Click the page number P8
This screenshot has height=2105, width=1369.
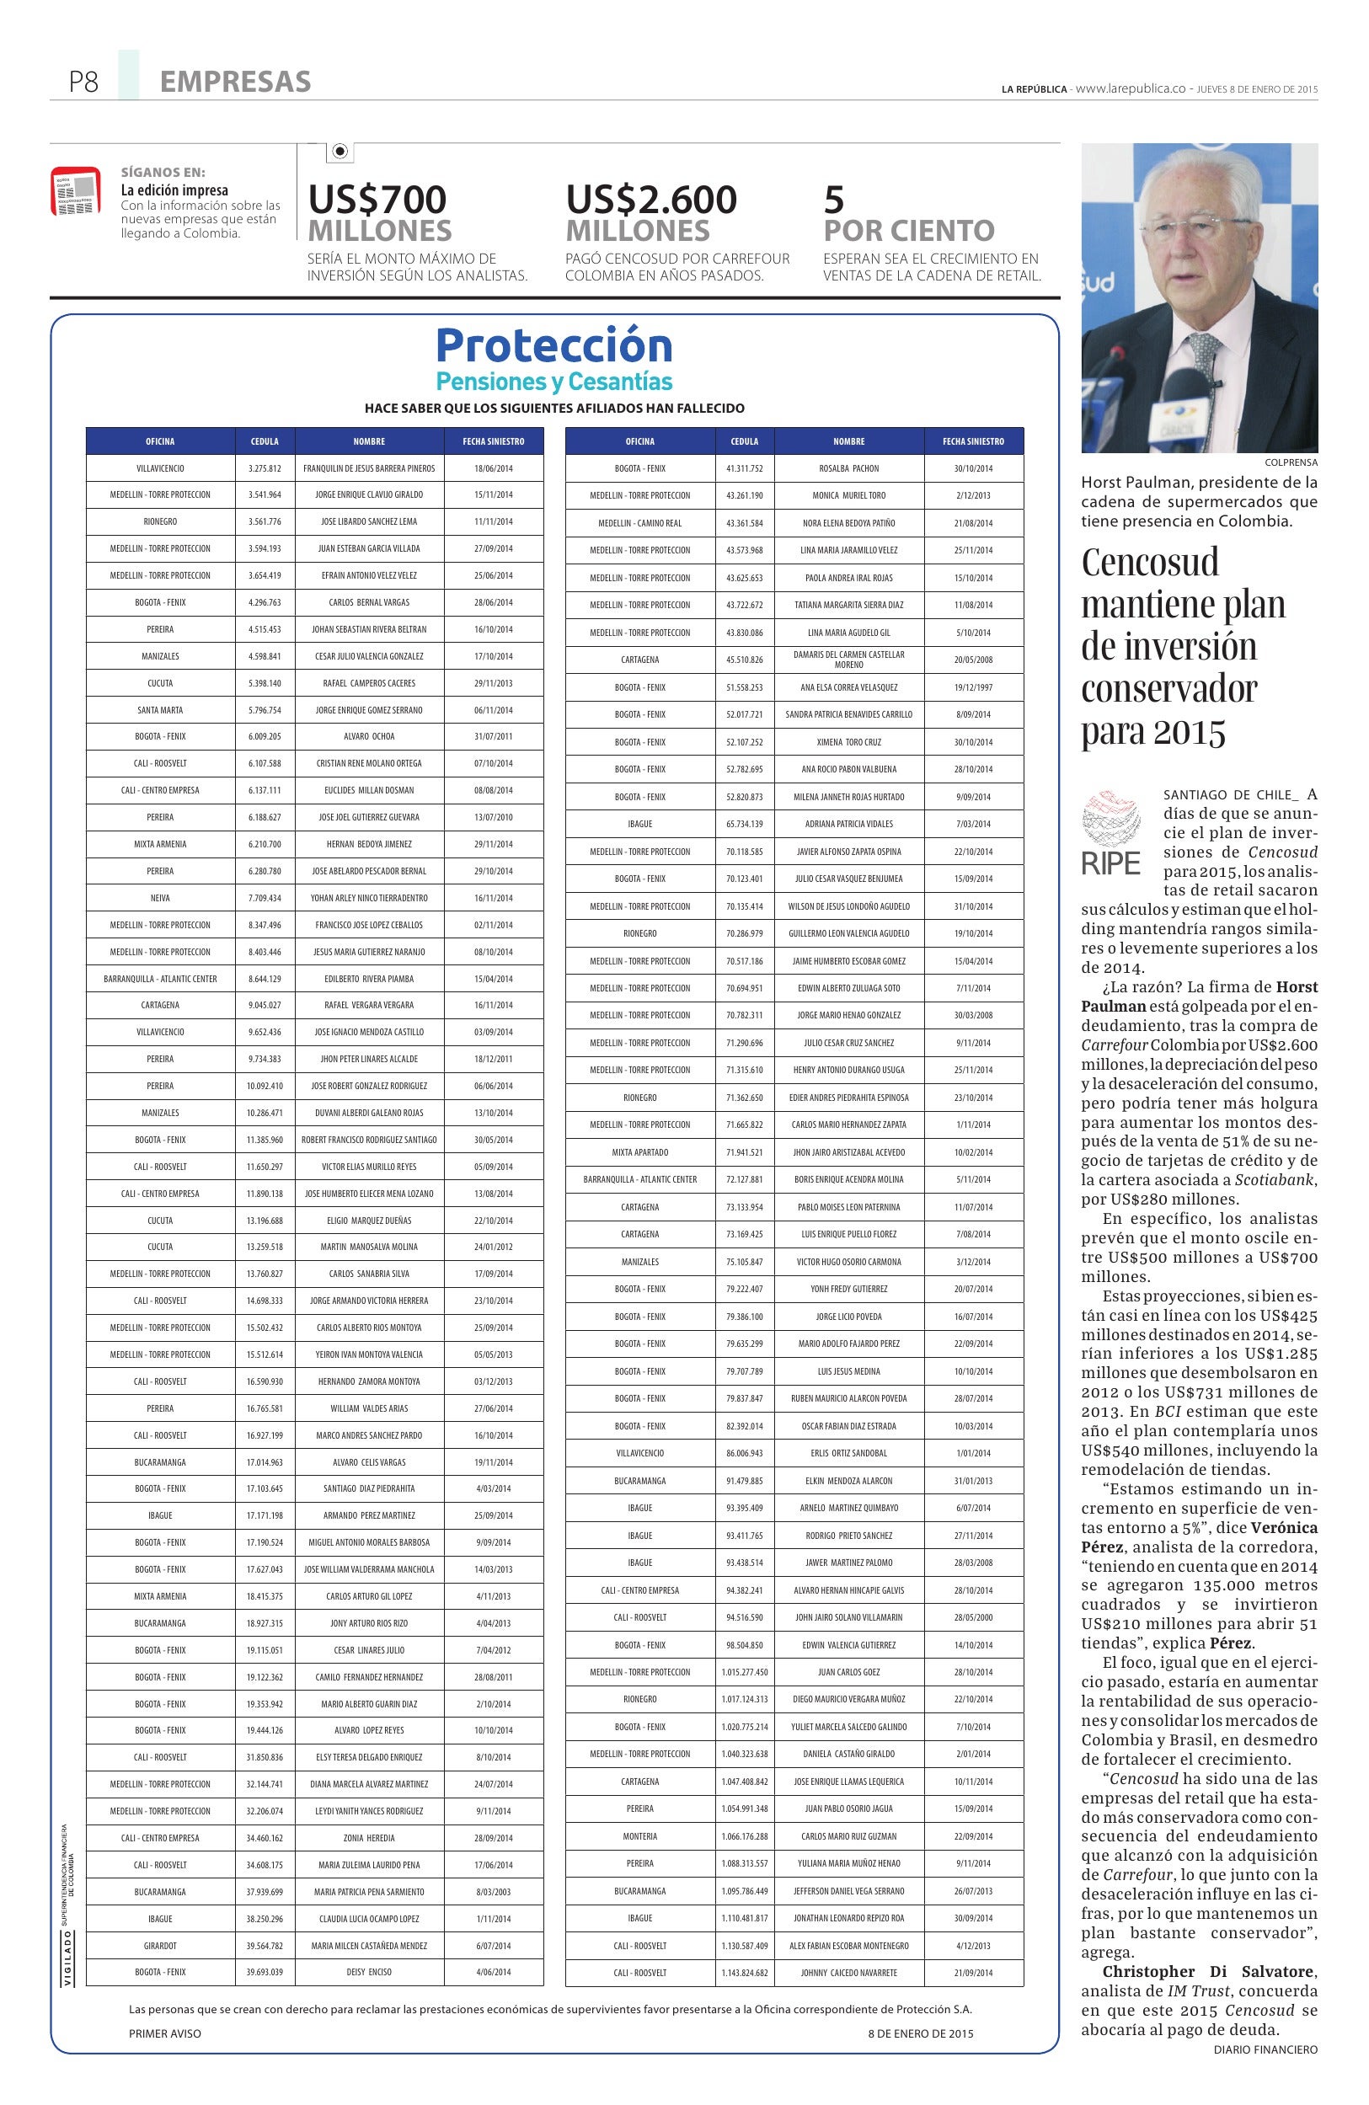83,83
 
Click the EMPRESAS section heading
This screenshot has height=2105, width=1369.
235,83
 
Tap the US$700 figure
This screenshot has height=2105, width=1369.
377,199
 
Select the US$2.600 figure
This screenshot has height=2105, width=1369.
651,199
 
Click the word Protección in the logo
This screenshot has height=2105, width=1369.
553,346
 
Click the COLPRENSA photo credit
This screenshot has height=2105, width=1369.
1291,462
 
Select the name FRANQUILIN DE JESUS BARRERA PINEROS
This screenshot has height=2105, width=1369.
369,467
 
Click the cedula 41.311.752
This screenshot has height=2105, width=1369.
744,467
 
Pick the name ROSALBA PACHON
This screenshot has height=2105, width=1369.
848,467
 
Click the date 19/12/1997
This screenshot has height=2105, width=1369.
973,687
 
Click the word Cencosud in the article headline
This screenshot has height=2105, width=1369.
1150,563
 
